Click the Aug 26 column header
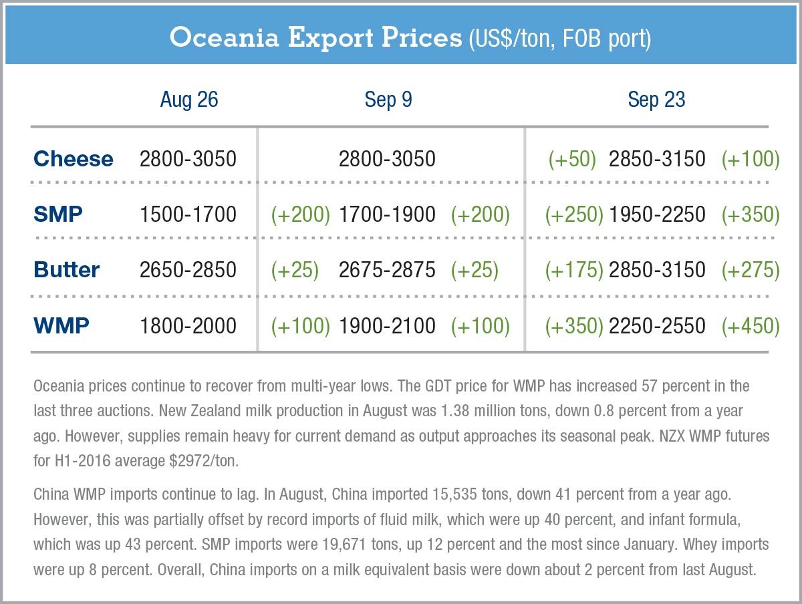point(189,100)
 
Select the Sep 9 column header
point(388,100)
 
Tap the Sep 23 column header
point(656,100)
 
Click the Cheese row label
point(74,159)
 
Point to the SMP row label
point(58,214)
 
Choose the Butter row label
point(66,270)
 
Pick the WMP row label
point(61,325)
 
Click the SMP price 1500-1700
point(188,214)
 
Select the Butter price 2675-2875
point(387,270)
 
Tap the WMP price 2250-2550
point(657,325)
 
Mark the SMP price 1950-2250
point(657,214)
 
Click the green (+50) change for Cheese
point(572,159)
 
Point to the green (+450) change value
point(751,325)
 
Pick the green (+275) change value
point(751,270)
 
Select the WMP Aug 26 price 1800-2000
point(188,325)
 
